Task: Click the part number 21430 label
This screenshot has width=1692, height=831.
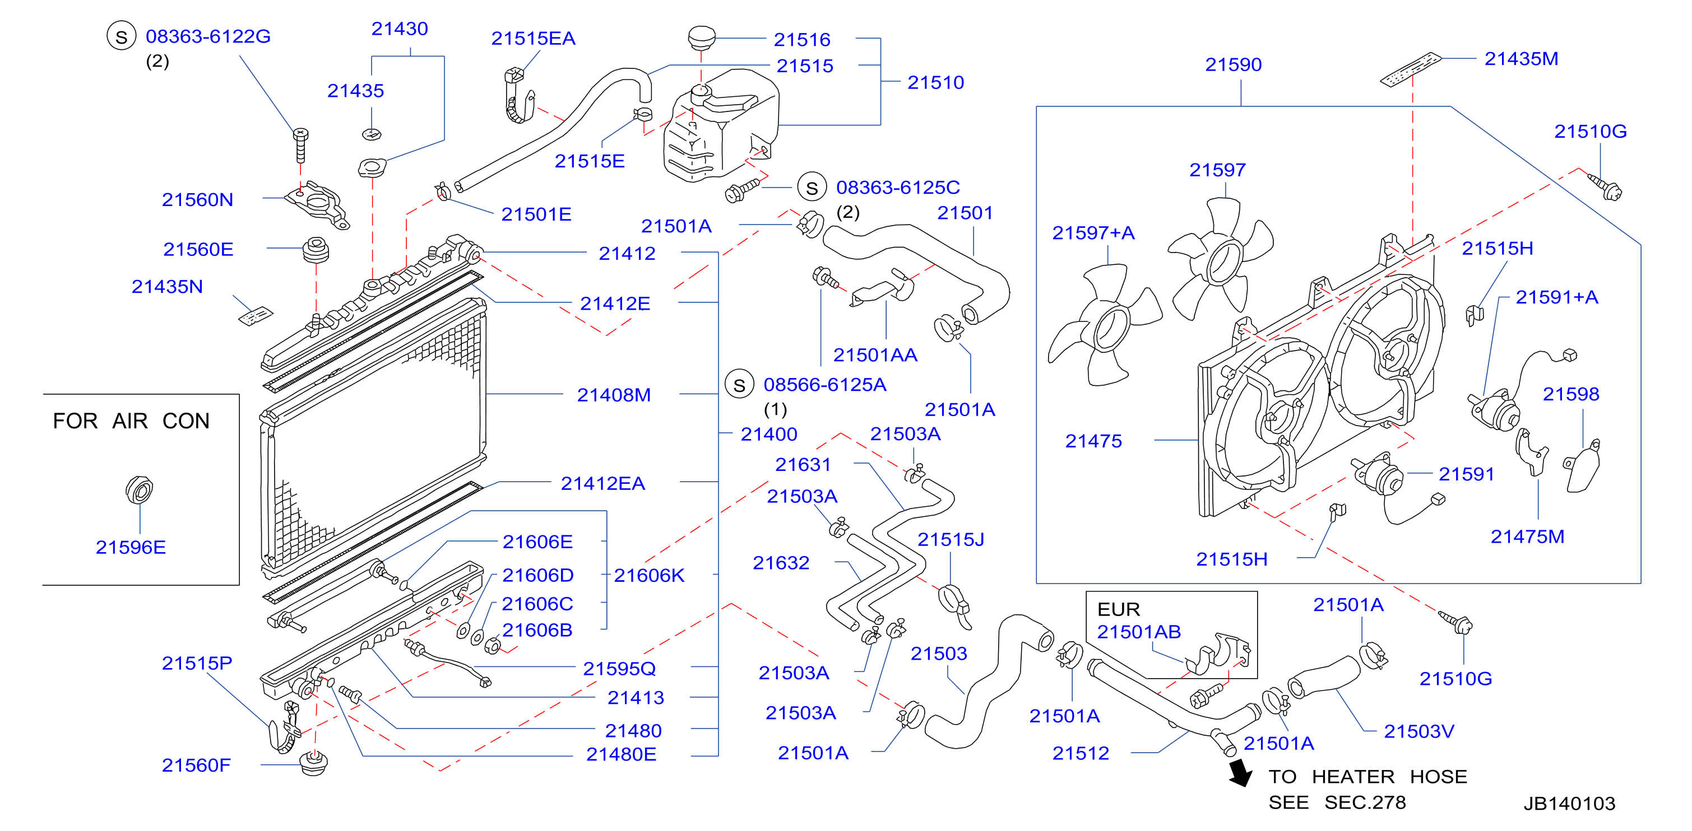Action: coord(400,29)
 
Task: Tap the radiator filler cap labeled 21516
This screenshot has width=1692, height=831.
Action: coord(702,37)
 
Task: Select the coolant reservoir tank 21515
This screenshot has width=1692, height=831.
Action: coord(721,125)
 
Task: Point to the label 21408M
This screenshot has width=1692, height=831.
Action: coord(614,395)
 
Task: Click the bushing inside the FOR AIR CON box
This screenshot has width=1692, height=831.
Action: coord(139,489)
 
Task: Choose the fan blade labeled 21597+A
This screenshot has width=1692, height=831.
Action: coord(1105,325)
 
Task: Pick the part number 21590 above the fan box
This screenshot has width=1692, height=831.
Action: coord(1233,65)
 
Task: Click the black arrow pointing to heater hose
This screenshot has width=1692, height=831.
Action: coord(1240,773)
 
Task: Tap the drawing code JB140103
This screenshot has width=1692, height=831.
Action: coord(1569,804)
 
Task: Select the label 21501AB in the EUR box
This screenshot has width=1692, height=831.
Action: coord(1139,632)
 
